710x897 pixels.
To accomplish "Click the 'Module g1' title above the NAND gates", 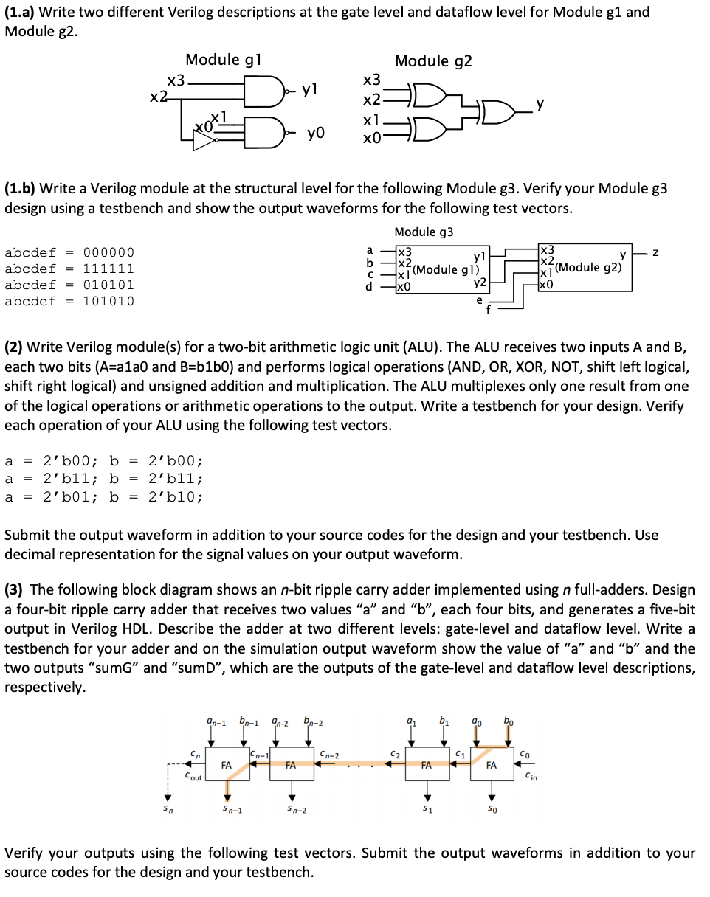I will point(222,60).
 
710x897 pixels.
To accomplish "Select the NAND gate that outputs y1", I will point(259,91).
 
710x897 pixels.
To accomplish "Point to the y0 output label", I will point(316,136).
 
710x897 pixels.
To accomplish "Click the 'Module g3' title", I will point(424,232).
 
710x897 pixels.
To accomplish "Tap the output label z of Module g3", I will point(655,253).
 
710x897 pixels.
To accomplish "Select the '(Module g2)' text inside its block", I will point(588,267).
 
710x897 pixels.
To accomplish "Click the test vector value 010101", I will point(108,285).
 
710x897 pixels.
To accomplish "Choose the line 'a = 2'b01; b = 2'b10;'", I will point(103,496).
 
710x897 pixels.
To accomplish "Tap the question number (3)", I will point(15,590).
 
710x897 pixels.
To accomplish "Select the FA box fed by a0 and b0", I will point(491,766).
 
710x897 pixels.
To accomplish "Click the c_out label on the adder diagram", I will point(193,777).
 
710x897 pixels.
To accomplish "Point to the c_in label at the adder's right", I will point(531,775).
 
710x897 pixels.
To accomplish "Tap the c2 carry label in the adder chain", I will point(395,754).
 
